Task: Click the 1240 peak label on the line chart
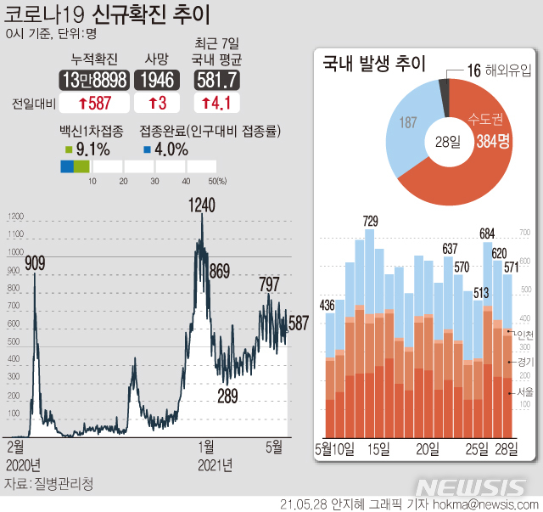click(203, 205)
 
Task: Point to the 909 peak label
click(35, 264)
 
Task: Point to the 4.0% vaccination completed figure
click(170, 149)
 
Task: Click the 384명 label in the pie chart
click(492, 142)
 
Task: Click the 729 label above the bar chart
click(370, 222)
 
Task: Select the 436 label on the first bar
click(327, 305)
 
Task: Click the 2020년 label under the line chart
click(23, 465)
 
